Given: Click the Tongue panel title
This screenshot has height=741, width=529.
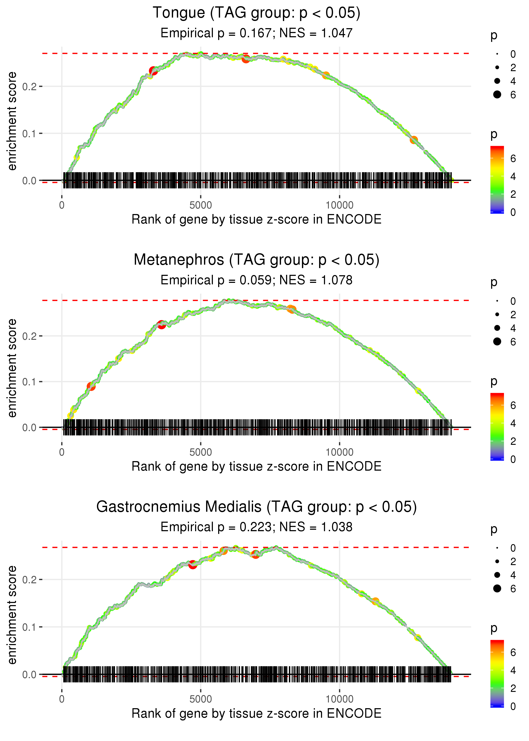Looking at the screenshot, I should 256,13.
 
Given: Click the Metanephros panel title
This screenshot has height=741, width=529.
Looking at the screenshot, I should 256,260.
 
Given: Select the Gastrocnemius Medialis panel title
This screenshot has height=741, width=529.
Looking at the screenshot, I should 256,507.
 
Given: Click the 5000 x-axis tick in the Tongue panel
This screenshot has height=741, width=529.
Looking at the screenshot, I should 201,205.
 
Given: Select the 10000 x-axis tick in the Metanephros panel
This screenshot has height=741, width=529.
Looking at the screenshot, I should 339,452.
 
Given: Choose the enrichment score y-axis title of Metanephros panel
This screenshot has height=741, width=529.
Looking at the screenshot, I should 12,368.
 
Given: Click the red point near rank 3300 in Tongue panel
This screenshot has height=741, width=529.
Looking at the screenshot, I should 153,71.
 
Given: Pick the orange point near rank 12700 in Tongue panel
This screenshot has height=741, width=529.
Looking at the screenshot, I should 414,140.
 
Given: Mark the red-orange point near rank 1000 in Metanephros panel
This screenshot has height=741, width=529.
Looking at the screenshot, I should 91,386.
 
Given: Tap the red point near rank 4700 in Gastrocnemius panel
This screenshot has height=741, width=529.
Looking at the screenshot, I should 193,565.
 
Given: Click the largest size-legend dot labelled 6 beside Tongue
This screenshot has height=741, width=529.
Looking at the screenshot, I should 497,94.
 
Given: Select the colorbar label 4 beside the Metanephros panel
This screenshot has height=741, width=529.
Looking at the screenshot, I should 513,423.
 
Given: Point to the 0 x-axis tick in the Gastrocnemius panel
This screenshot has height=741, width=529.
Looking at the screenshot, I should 62,699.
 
